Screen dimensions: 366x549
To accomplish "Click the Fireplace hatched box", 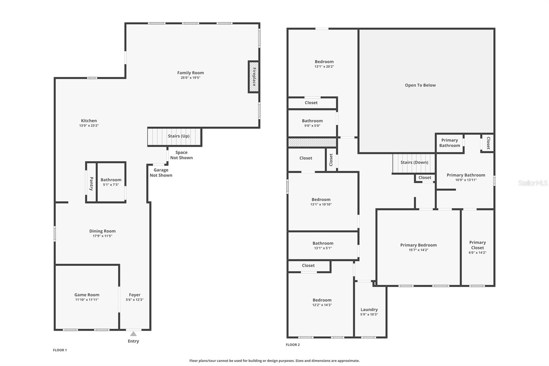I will click(254, 77).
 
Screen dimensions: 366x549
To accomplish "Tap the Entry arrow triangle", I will click(133, 334).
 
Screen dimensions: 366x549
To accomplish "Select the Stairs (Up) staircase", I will click(175, 136).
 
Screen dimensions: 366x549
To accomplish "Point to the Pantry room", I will click(91, 182).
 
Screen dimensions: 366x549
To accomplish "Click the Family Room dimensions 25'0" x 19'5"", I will click(190, 78).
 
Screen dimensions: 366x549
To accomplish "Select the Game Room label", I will click(87, 295).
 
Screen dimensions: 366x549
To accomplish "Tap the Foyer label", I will click(135, 295).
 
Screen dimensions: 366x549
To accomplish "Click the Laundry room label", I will click(369, 309).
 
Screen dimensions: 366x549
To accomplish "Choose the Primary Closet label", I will click(477, 245).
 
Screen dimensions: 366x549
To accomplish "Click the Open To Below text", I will click(420, 85).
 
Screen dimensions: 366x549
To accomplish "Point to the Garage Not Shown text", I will click(161, 172).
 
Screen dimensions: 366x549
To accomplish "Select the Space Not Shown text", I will click(182, 155).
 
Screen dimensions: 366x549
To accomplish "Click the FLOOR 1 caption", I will click(60, 350).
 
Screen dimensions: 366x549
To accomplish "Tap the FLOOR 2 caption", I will click(293, 344).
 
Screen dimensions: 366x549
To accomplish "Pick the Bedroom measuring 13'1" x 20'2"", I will click(324, 64).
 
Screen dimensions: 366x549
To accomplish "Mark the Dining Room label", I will click(102, 231).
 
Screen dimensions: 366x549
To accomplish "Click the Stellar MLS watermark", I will click(533, 183).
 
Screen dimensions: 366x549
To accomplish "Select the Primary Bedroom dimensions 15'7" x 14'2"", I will click(418, 250).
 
